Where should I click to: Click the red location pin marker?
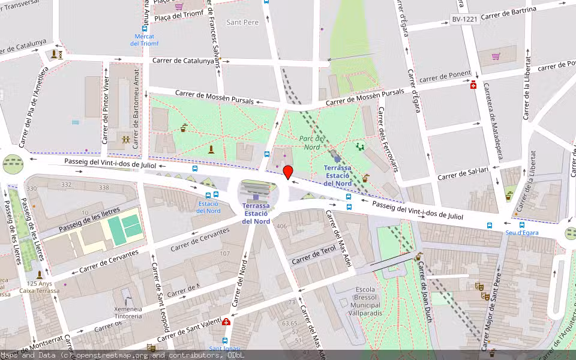[x=288, y=172]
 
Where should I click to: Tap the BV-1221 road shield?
[x=464, y=20]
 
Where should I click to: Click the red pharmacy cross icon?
[x=473, y=85]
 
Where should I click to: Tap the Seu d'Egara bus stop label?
[x=521, y=233]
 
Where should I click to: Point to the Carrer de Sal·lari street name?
[x=465, y=174]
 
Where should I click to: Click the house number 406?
[x=281, y=226]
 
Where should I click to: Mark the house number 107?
[x=224, y=253]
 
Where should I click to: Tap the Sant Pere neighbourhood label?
[x=242, y=22]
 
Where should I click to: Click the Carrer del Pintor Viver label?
[x=106, y=110]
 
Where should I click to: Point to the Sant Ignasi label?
[x=224, y=349]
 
